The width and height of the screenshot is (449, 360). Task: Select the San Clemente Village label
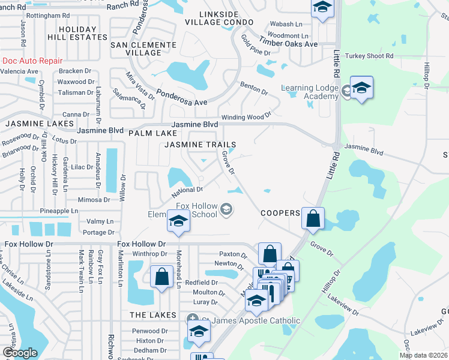(x=135, y=48)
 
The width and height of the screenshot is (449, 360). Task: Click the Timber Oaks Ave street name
(x=288, y=43)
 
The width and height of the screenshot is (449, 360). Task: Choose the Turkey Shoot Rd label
(x=369, y=56)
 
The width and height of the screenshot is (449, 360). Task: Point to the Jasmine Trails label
(x=200, y=145)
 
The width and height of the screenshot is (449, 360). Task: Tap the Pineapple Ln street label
(x=59, y=211)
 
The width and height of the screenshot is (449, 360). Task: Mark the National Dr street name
(x=187, y=190)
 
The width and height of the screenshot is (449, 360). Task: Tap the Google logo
(x=20, y=353)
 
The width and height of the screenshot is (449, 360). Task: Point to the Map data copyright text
(x=424, y=355)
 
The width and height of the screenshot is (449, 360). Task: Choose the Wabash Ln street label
(x=286, y=24)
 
